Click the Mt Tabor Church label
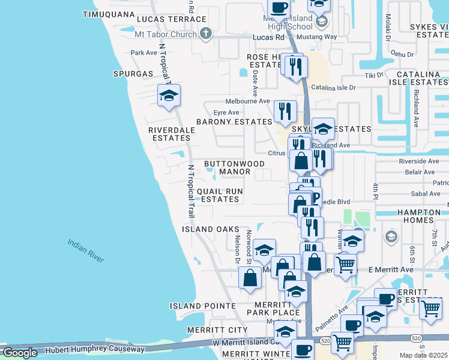pyautogui.click(x=166, y=34)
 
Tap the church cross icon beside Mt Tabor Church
pyautogui.click(x=206, y=33)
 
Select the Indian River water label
pyautogui.click(x=86, y=250)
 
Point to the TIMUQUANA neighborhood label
pyautogui.click(x=109, y=14)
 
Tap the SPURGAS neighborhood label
pyautogui.click(x=133, y=74)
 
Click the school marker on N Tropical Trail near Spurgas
pyautogui.click(x=169, y=95)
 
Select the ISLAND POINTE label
pyautogui.click(x=202, y=306)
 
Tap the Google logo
pyautogui.click(x=20, y=353)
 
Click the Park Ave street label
pyautogui.click(x=144, y=53)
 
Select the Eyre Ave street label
pyautogui.click(x=226, y=112)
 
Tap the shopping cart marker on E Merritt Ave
pyautogui.click(x=345, y=265)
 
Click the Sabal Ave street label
pyautogui.click(x=426, y=193)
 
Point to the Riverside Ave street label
pyautogui.click(x=419, y=161)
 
